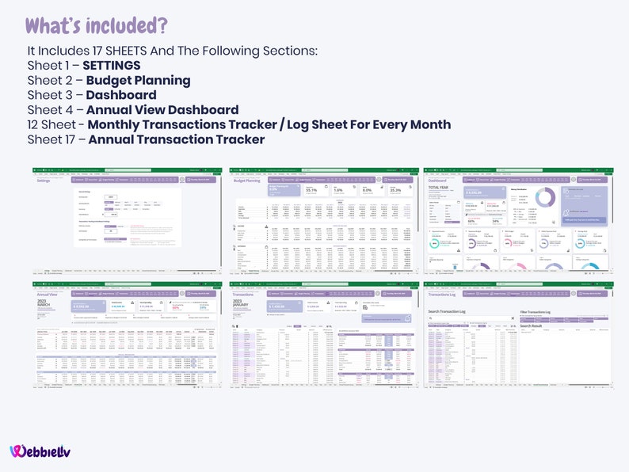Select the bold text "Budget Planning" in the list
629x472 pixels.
(138, 80)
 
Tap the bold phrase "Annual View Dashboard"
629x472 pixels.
(162, 110)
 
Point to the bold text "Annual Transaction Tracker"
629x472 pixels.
(176, 140)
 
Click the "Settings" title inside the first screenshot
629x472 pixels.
(49, 181)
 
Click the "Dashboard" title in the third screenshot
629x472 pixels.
(440, 181)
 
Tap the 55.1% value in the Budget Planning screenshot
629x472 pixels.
(311, 190)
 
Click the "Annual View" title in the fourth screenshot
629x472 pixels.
(50, 294)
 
